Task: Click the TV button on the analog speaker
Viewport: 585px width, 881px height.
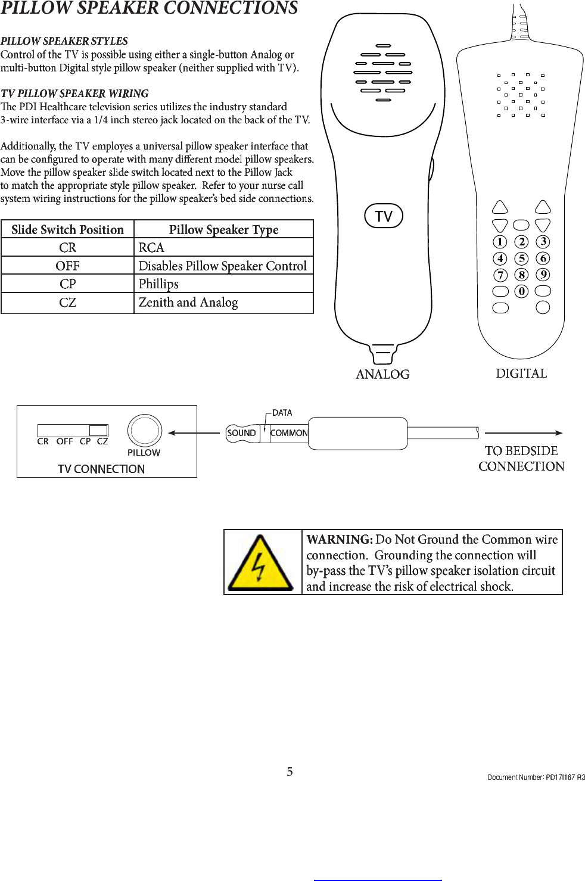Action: click(x=384, y=216)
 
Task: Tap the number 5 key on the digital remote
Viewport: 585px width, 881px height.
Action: click(x=521, y=259)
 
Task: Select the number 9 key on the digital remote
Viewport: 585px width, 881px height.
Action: click(x=543, y=275)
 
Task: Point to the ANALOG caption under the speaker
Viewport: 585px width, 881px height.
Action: click(x=382, y=374)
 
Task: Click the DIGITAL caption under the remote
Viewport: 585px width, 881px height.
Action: click(x=521, y=373)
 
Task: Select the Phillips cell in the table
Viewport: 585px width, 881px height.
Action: click(x=159, y=284)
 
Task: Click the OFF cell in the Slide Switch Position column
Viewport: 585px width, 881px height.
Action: click(x=67, y=266)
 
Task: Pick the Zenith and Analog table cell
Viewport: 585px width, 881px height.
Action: click(x=188, y=303)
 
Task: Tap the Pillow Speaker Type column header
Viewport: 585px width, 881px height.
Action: click(x=223, y=229)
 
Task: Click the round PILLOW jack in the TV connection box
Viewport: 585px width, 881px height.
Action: click(x=144, y=430)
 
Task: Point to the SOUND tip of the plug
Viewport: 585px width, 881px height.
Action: click(x=241, y=433)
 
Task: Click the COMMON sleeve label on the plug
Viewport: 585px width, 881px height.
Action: click(x=289, y=433)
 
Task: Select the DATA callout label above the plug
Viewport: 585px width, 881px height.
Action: click(x=282, y=413)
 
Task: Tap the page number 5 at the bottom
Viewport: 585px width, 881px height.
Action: click(x=290, y=772)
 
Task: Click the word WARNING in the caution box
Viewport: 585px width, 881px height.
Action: click(x=339, y=540)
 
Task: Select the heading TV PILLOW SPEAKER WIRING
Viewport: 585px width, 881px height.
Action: click(x=74, y=94)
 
